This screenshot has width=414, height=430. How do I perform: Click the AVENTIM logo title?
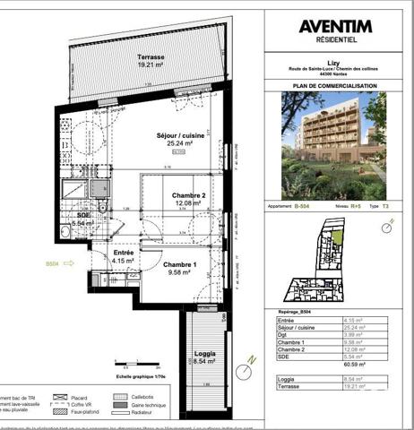pyautogui.click(x=335, y=26)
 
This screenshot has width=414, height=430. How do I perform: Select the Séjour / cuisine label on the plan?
pyautogui.click(x=181, y=139)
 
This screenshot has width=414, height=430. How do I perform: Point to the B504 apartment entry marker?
pyautogui.click(x=55, y=264)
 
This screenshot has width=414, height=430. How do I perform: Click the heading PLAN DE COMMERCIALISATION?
pyautogui.click(x=335, y=86)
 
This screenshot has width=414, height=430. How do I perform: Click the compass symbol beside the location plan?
pyautogui.click(x=386, y=228)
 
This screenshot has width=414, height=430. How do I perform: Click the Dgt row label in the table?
pyautogui.click(x=287, y=334)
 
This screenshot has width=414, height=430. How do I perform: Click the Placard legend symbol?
pyautogui.click(x=62, y=396)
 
